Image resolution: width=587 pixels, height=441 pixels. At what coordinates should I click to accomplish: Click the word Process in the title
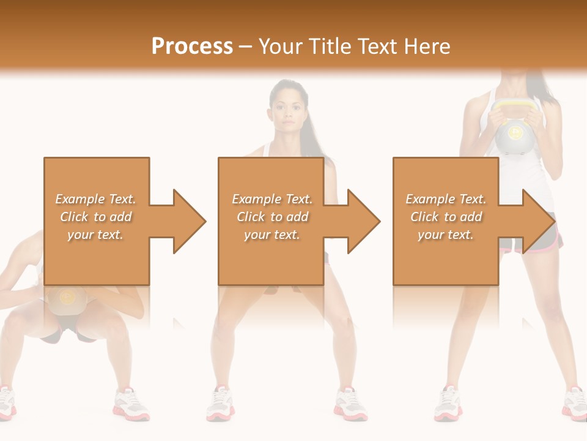pos(192,47)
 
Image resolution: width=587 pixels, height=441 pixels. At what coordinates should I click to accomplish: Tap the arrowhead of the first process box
pos(186,221)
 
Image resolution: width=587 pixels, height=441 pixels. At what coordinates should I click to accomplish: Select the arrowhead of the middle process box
pos(361,221)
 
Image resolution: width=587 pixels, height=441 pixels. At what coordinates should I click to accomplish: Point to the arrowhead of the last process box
pos(536,221)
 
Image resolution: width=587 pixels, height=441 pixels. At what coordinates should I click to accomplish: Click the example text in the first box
pos(96,217)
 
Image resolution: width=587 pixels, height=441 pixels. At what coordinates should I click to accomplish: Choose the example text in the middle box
pos(272,217)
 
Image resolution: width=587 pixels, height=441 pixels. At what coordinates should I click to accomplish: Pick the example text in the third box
pos(446,217)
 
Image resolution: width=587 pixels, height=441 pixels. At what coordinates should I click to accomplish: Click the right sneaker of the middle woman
pos(350,404)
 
